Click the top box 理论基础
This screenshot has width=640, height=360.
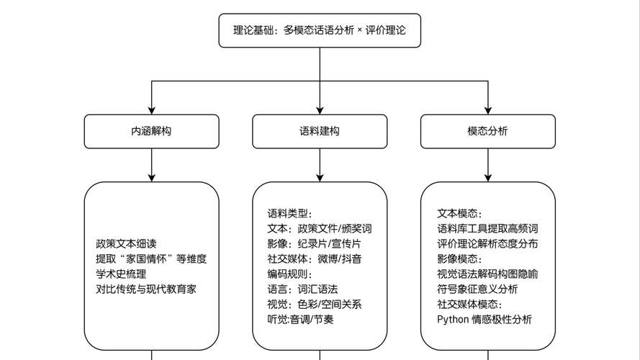coord(320,30)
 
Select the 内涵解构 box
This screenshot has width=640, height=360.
coord(151,131)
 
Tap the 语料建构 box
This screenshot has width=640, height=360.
coord(320,131)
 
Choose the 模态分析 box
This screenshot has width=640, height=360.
coord(487,131)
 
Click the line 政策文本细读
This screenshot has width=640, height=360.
coord(126,243)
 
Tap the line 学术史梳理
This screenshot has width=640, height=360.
coord(121,274)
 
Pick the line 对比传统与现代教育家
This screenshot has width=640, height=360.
coord(146,289)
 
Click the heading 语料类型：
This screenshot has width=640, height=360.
coord(290,213)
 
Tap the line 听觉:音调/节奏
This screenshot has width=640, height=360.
coord(300,319)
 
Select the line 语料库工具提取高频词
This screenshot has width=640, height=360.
coord(487,228)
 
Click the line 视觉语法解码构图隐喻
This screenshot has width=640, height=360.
coord(487,274)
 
